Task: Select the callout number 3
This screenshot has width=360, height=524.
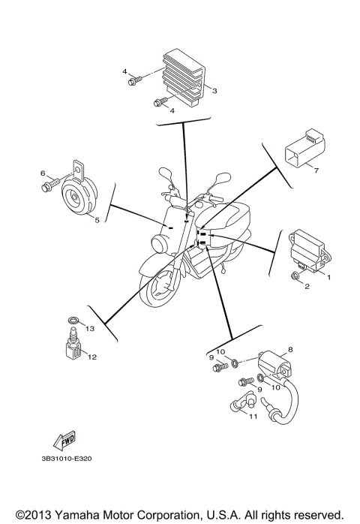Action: pyautogui.click(x=214, y=91)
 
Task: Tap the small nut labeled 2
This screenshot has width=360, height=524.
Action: pyautogui.click(x=297, y=279)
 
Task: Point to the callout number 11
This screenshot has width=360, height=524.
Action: pyautogui.click(x=253, y=416)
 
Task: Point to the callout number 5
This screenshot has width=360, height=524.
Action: pyautogui.click(x=96, y=220)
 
